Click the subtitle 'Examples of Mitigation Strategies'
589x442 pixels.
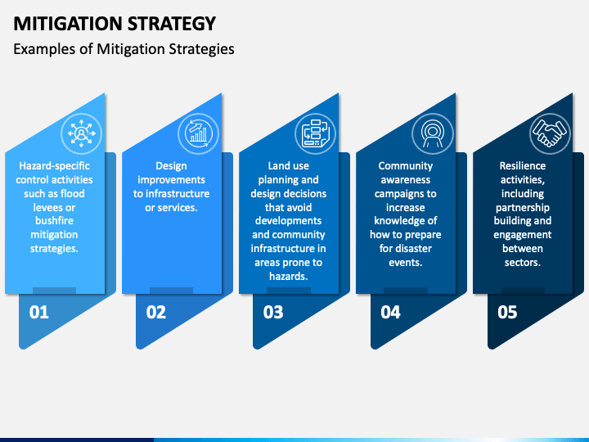tap(124, 49)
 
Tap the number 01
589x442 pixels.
tap(38, 312)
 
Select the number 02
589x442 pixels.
tap(155, 312)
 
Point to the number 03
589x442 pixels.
tap(273, 312)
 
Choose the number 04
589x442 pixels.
tap(390, 312)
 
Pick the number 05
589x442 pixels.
tap(507, 312)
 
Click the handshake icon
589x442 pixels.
tap(548, 131)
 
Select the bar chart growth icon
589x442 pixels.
tap(197, 131)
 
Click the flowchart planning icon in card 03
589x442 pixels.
tap(314, 131)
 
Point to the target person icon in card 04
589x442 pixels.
tap(431, 131)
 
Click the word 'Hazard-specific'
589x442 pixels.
tap(56, 165)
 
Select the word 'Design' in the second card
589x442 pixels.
tap(172, 165)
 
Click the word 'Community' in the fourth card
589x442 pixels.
tap(406, 165)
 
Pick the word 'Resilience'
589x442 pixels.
tap(523, 165)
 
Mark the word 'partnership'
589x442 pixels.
tap(523, 208)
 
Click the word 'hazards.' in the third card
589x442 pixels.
tap(289, 277)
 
